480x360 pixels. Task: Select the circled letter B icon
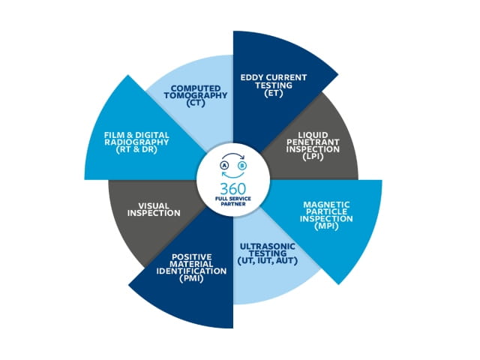point(242,166)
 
